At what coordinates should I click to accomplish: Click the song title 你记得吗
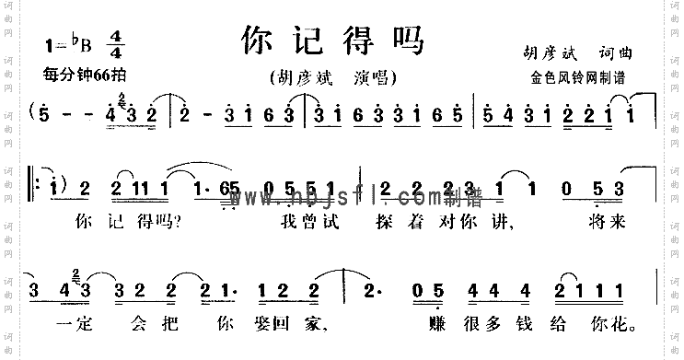tap(331, 40)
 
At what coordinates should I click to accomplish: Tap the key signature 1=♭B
tap(70, 43)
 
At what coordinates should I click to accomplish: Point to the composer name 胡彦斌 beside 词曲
tap(544, 53)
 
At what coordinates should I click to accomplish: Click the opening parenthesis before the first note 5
tap(34, 115)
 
